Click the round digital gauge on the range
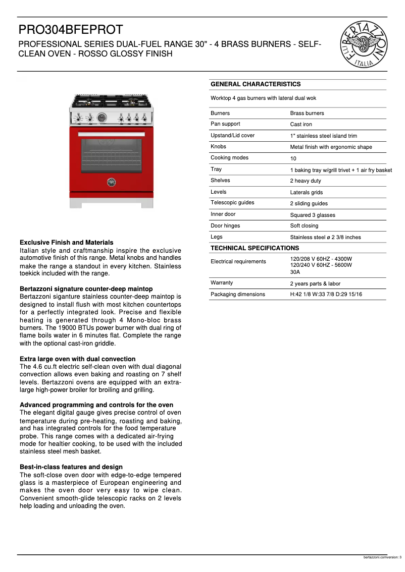(101, 118)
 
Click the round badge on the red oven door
(112, 182)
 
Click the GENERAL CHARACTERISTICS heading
(256, 84)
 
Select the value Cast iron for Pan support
(301, 125)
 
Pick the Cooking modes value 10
(293, 158)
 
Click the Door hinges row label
(225, 226)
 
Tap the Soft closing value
(304, 226)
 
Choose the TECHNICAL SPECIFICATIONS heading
(255, 248)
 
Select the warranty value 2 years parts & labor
(315, 283)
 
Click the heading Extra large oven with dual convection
(77, 359)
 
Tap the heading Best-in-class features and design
(71, 467)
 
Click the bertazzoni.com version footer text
(382, 557)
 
